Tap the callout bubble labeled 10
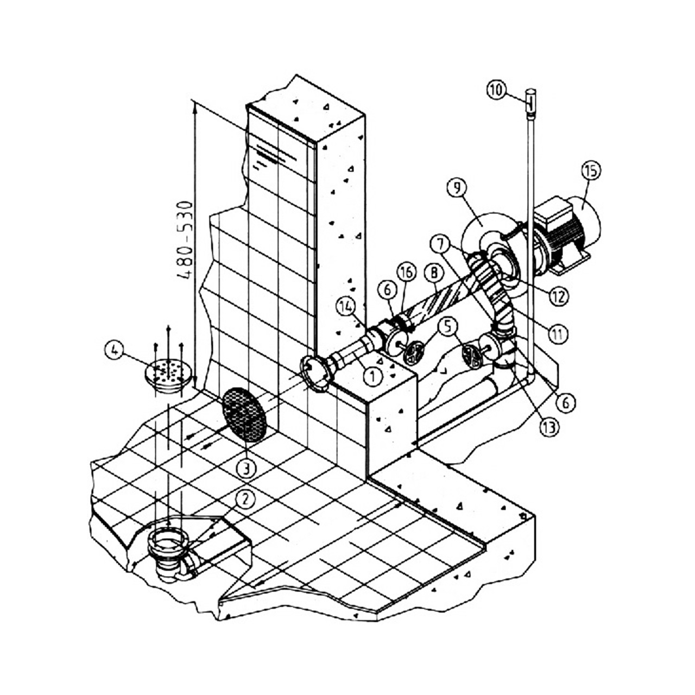pos(496,90)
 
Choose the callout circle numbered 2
pos(245,499)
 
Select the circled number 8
pos(434,273)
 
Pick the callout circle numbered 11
pos(558,334)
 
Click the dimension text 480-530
pos(186,241)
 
